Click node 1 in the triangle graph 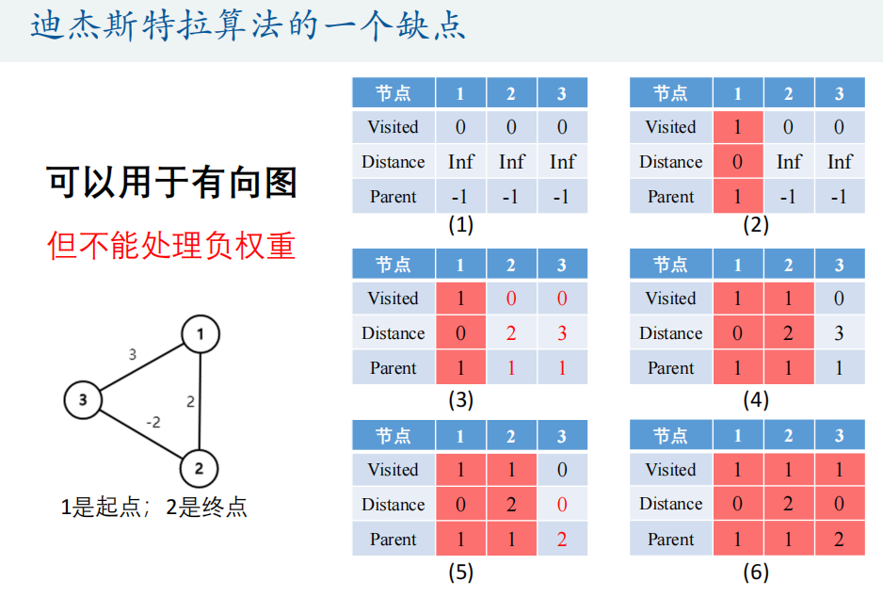coord(200,333)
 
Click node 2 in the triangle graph coord(199,467)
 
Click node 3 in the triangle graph coord(83,400)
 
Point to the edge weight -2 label coord(153,423)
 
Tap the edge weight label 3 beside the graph coord(133,355)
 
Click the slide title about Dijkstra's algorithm coord(249,25)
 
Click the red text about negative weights coord(171,245)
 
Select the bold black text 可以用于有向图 coord(171,182)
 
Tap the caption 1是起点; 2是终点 coord(154,508)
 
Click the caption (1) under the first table coord(460,225)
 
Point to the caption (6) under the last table coord(755,572)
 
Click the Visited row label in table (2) coord(670,127)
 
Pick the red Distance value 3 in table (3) coord(562,333)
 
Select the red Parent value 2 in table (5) coord(562,540)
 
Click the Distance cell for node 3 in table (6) coord(839,505)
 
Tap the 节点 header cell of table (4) coord(670,265)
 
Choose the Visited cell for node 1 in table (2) coord(737,127)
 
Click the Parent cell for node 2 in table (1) coord(511,197)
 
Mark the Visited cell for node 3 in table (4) coord(839,298)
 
